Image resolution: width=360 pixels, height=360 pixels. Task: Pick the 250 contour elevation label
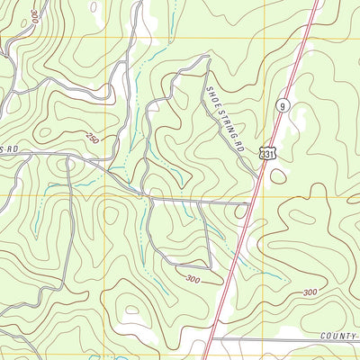click(93, 138)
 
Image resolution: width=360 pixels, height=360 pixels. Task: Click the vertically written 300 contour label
click(33, 16)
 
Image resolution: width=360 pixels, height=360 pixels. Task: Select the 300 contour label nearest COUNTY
click(310, 292)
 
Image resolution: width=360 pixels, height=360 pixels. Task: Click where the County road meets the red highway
click(210, 341)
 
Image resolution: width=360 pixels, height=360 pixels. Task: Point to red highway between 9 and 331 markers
click(275, 130)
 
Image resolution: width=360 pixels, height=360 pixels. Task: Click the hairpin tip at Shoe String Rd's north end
click(208, 60)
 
